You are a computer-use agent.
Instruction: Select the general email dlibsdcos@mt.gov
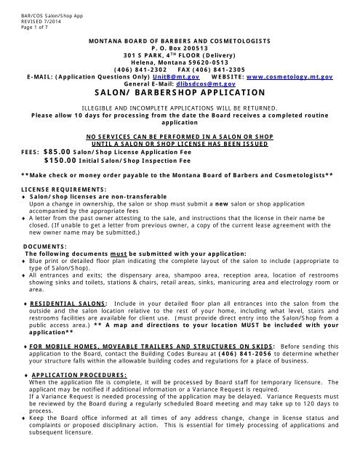(x=202, y=84)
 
